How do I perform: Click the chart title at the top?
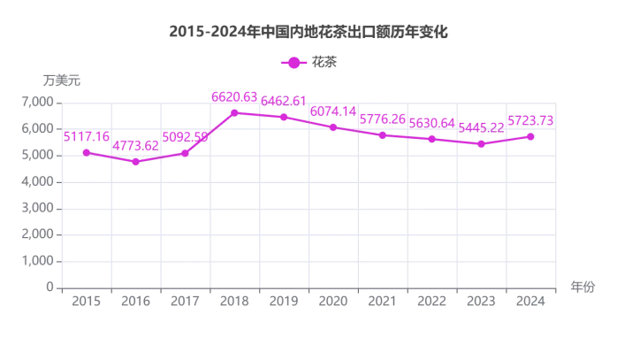[x=308, y=33]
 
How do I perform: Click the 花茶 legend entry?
[x=308, y=62]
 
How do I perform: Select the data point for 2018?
[x=234, y=112]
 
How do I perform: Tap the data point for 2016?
[x=135, y=162]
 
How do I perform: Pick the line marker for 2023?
[x=481, y=143]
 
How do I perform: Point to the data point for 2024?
[x=530, y=136]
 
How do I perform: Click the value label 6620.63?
[x=234, y=96]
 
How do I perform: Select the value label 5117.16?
[x=86, y=136]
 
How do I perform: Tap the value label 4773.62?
[x=135, y=146]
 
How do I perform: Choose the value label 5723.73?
[x=530, y=120]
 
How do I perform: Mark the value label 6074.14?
[x=333, y=111]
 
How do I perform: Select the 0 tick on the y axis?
[x=50, y=288]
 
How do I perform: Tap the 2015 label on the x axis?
[x=86, y=302]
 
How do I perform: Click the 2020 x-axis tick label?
[x=333, y=302]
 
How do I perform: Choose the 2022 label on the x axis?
[x=431, y=302]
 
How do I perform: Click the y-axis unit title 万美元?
[x=61, y=80]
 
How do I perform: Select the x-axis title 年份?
[x=583, y=287]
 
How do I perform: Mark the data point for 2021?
[x=382, y=134]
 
